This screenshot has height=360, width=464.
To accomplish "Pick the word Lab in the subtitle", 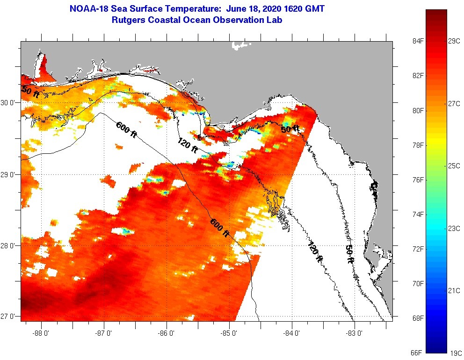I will click(x=274, y=20).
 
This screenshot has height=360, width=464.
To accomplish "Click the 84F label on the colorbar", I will click(x=405, y=41).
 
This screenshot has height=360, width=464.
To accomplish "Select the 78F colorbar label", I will click(x=405, y=145).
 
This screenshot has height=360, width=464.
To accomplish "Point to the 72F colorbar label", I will click(x=405, y=249).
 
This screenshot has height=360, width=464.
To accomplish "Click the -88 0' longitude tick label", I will click(x=41, y=333).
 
